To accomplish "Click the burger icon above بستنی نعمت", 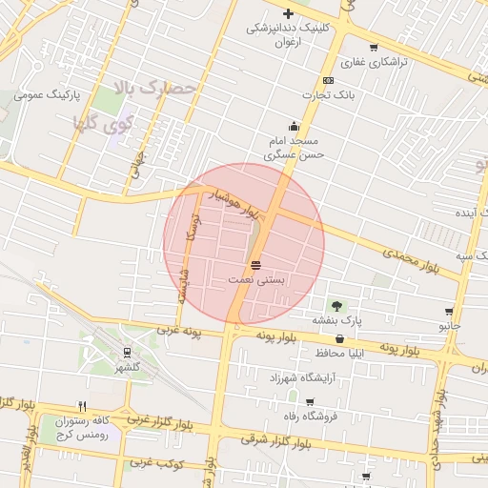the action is (255, 264).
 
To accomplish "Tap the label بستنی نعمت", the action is (255, 279).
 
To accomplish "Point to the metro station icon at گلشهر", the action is (128, 352).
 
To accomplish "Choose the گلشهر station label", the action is (128, 367).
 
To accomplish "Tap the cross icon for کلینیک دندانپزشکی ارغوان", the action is (288, 13).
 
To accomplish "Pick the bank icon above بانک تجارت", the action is (328, 80).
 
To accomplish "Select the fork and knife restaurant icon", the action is (82, 405).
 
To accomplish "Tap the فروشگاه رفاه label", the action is (303, 417).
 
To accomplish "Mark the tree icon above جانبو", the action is (449, 311).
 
